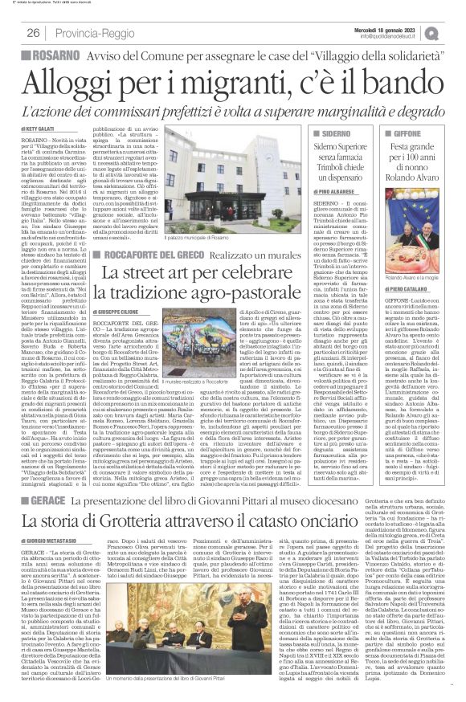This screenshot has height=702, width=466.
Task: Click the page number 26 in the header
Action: coord(35,33)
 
